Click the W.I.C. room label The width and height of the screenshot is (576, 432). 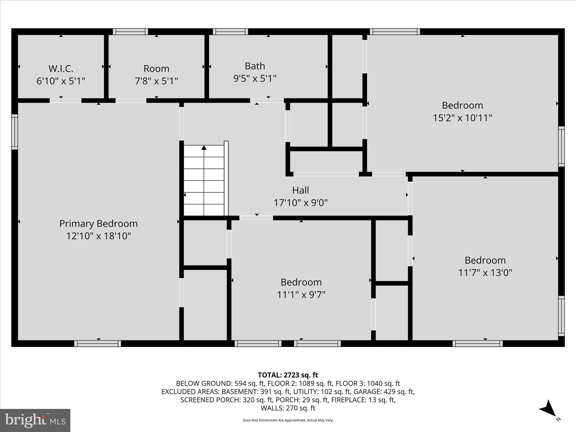click(x=61, y=69)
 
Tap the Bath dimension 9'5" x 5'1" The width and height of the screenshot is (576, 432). click(x=255, y=78)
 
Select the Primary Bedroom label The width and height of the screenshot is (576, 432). click(x=98, y=224)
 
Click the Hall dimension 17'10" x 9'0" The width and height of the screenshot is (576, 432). click(x=300, y=202)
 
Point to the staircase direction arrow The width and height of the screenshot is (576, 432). click(x=204, y=148)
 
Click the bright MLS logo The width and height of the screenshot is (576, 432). click(x=35, y=420)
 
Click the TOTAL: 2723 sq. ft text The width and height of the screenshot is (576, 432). click(x=288, y=375)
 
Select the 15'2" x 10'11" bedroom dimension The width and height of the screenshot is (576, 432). click(x=462, y=118)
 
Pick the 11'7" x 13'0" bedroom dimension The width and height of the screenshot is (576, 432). click(x=485, y=273)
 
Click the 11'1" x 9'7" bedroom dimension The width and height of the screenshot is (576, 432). click(x=301, y=294)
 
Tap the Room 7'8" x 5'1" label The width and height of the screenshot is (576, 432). click(x=156, y=75)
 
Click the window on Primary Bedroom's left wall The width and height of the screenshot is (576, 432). click(x=15, y=132)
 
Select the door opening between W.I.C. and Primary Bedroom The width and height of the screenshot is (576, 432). click(x=66, y=100)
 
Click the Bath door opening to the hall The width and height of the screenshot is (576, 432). click(x=267, y=100)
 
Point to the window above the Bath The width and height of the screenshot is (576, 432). click(x=230, y=31)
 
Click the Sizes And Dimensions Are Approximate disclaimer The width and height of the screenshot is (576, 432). click(x=288, y=420)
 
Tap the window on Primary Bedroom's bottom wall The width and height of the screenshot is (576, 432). click(x=98, y=343)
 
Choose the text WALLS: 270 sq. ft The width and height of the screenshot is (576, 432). click(x=288, y=408)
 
